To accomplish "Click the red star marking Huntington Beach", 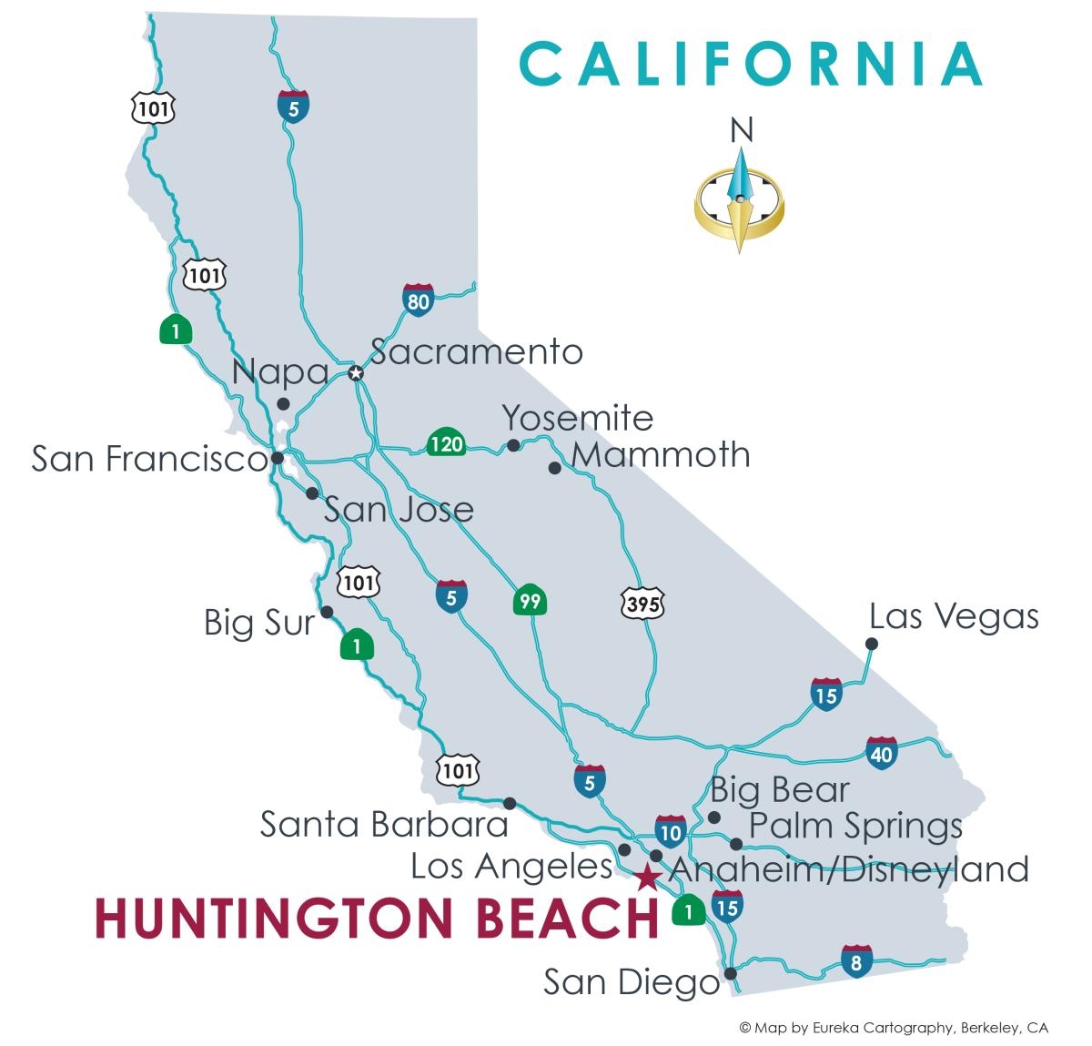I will tap(646, 878).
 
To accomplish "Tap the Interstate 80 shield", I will tap(418, 300).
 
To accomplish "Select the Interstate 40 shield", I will tap(881, 752).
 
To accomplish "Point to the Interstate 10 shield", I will tap(670, 830).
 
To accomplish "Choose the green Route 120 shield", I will tap(446, 443).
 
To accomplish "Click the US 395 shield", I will tap(642, 602).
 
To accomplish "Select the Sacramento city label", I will tap(476, 351).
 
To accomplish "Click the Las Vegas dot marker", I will tap(871, 644).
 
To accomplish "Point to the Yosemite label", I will tap(578, 418).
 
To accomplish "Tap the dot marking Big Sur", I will tap(327, 612).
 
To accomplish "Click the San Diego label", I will tap(632, 982).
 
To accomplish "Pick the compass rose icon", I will tap(739, 200).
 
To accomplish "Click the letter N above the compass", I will tap(742, 132).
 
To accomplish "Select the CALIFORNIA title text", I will tap(751, 64).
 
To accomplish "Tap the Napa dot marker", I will tap(283, 403).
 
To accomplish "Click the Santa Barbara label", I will tap(384, 824).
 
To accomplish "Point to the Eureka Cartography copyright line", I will tap(893, 1028).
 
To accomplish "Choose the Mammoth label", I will tap(662, 453).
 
